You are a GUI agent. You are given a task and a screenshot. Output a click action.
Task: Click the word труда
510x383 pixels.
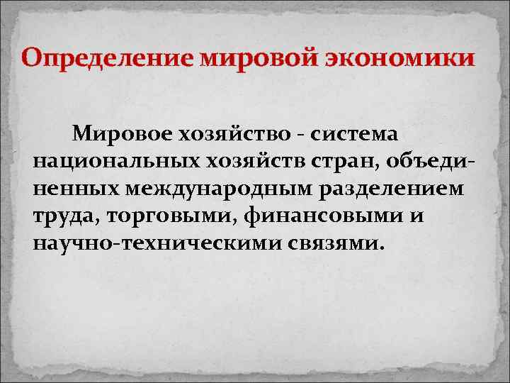click(65, 216)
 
